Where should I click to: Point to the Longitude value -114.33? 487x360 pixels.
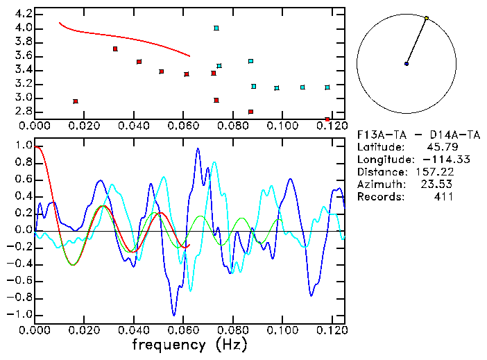(429, 159)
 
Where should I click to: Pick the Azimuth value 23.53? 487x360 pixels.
(437, 184)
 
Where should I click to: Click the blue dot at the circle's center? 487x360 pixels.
(407, 64)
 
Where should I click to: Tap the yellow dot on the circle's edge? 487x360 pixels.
(426, 18)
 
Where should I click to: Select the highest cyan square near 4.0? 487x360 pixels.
(216, 28)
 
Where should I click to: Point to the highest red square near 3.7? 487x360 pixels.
(115, 49)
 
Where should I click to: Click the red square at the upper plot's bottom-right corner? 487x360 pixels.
(327, 120)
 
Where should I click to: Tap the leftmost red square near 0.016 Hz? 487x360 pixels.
(76, 101)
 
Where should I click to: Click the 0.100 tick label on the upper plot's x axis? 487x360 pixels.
(282, 126)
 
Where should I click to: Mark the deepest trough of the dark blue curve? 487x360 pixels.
(174, 315)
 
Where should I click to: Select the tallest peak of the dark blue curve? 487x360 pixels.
(198, 148)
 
